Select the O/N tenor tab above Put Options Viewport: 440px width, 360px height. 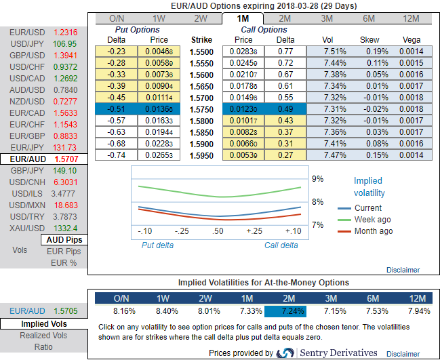click(x=116, y=18)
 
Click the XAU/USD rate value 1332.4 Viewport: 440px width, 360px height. click(x=65, y=228)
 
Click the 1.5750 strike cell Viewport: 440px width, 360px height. click(x=201, y=108)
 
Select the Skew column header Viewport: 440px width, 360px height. click(x=369, y=39)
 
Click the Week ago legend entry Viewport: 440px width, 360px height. click(x=373, y=220)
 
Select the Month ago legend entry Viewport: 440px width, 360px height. click(x=374, y=231)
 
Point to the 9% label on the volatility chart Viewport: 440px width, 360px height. click(x=317, y=179)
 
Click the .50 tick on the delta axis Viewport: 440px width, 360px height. click(x=218, y=231)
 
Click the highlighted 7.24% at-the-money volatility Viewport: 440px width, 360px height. click(x=285, y=311)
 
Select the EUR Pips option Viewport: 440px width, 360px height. click(x=64, y=252)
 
